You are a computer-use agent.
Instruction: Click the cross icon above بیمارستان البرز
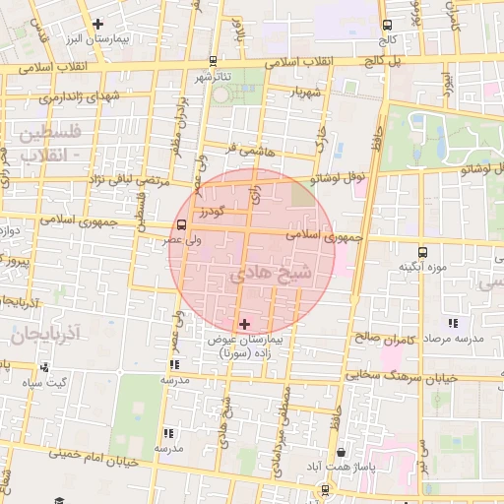(96, 24)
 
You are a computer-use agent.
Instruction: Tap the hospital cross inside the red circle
(245, 323)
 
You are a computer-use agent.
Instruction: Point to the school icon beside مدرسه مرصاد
(453, 323)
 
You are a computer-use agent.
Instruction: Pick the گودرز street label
(210, 212)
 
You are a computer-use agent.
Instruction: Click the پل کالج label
(408, 60)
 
